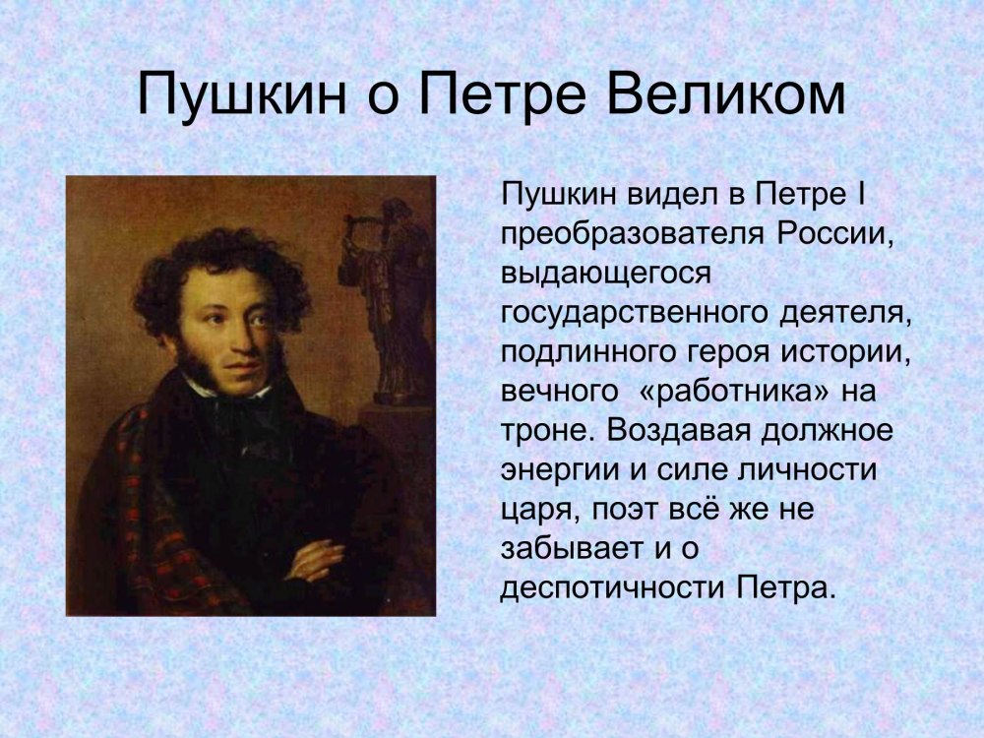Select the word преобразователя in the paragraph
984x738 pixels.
click(x=633, y=235)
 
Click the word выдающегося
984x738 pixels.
click(x=607, y=275)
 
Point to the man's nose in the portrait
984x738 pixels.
click(x=238, y=342)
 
